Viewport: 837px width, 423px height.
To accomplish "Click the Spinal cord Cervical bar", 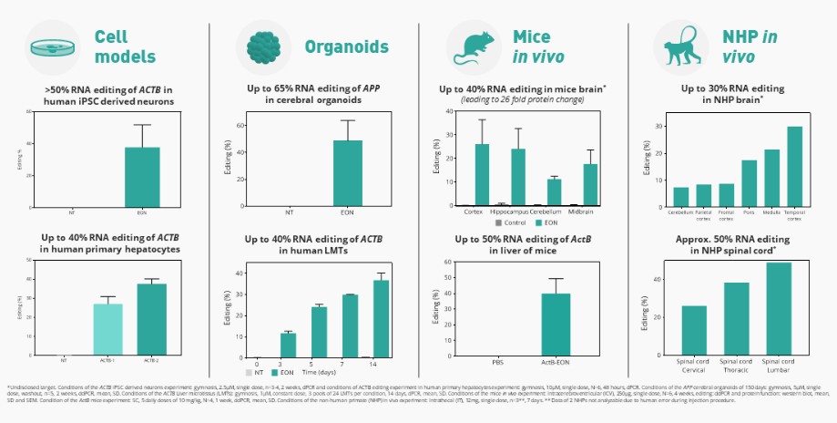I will [694, 331].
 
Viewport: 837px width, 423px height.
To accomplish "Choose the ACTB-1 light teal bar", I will [108, 329].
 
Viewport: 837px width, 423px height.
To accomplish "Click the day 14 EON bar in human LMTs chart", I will [381, 318].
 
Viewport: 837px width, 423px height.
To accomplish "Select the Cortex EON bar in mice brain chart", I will [482, 175].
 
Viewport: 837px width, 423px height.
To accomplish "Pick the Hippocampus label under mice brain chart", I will [516, 212].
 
